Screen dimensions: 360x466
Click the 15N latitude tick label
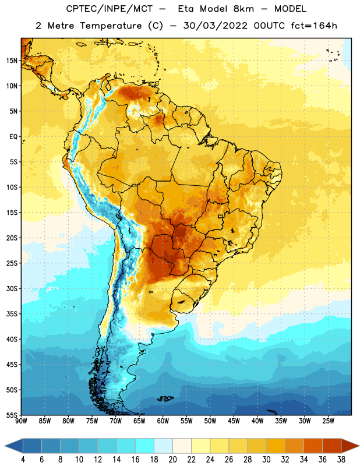[12, 61]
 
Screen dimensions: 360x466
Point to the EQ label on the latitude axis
[13, 137]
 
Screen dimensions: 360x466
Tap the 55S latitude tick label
[12, 415]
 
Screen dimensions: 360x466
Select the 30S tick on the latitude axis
[12, 288]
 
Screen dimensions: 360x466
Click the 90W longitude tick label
[21, 421]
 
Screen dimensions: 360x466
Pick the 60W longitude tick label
[163, 421]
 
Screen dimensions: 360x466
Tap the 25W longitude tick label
[328, 421]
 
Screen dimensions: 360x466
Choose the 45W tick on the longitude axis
[234, 421]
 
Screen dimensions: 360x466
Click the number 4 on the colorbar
[23, 460]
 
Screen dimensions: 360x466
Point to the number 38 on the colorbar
[341, 460]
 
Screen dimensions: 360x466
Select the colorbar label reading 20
[172, 460]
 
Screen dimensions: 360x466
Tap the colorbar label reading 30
[266, 460]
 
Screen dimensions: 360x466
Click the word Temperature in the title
[111, 26]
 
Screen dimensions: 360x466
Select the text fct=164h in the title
[314, 26]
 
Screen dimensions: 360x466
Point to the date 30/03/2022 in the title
[215, 26]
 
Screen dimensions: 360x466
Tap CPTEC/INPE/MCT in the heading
[109, 9]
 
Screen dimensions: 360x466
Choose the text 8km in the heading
[243, 9]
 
